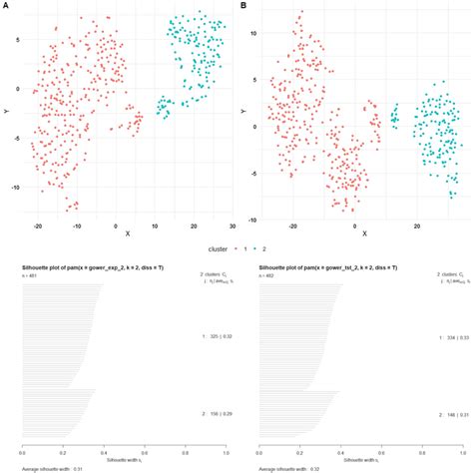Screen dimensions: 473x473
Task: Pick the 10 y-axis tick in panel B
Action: [254, 32]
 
